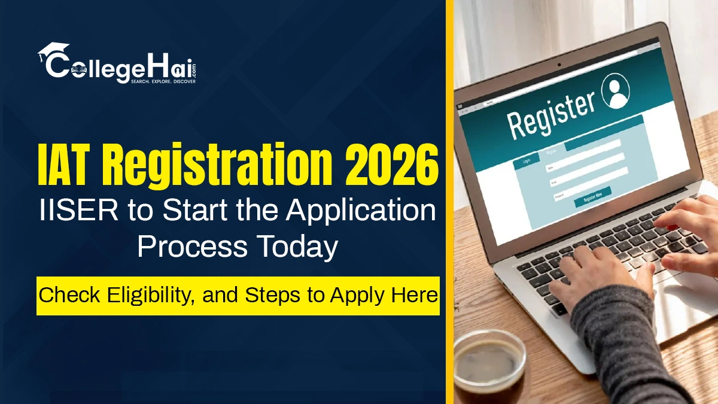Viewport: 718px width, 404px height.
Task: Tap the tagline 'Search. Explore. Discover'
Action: click(x=163, y=80)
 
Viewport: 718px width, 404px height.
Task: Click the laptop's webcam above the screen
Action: click(x=559, y=63)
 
